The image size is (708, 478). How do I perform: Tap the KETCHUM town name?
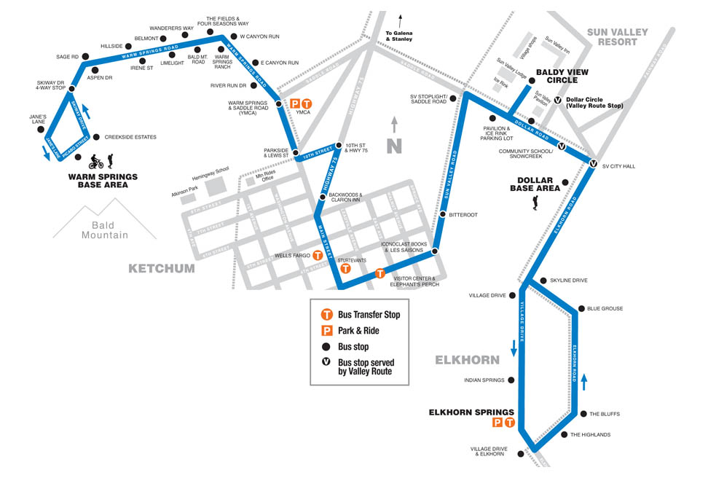162,268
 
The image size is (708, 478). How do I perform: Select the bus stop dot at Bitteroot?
443,214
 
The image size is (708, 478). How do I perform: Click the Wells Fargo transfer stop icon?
318,256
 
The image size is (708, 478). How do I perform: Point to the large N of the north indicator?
394,145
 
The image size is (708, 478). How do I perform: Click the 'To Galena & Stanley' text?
399,36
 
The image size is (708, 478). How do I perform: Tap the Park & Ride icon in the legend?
328,331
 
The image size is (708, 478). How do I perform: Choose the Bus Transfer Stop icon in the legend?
328,315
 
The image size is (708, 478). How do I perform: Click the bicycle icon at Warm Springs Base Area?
95,162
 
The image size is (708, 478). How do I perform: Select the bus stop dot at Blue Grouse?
581,308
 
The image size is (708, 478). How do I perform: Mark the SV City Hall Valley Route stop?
594,164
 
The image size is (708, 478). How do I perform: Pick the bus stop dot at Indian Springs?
512,380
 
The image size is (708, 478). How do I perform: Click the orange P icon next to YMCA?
295,104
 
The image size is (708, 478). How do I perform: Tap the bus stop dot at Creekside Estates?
98,136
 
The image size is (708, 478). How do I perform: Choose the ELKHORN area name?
467,360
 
